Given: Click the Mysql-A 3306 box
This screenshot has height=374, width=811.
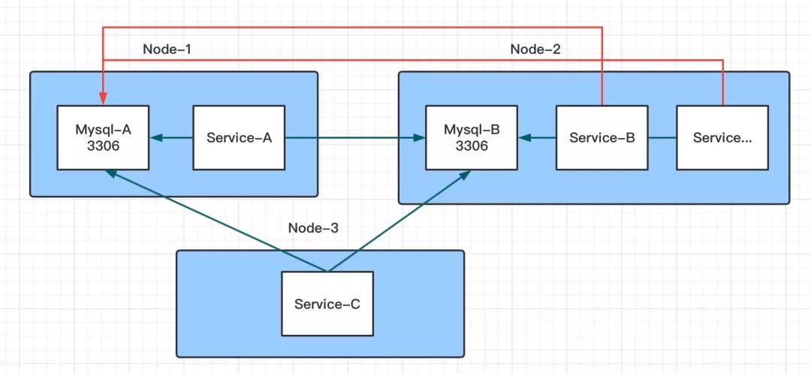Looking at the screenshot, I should point(104,137).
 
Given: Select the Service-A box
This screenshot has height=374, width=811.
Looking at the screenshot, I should point(239,137).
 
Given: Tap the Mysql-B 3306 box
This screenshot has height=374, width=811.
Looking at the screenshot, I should point(472,137).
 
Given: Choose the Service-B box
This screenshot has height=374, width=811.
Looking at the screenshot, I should point(601,137).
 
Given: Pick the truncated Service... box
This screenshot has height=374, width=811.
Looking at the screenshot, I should point(722,137).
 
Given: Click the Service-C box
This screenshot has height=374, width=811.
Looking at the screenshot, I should point(327,303).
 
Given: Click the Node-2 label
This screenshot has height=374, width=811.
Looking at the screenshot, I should point(535,50).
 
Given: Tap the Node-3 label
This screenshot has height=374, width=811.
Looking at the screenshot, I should point(314,227).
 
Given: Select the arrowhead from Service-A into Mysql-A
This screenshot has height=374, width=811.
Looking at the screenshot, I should point(155,137).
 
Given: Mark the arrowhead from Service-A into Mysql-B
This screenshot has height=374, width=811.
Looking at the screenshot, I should point(419,137).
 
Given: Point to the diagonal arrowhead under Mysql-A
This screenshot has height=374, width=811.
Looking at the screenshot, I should point(110,173).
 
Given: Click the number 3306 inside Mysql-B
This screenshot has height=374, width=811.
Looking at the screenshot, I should point(472,146).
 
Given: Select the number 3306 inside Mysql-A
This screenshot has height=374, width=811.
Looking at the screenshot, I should point(104,146).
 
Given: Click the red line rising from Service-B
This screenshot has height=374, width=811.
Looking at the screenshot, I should point(601,68).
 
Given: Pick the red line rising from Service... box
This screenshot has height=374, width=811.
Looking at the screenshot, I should point(722,83).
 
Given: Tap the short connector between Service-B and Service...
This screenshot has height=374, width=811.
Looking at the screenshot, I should point(662,137).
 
